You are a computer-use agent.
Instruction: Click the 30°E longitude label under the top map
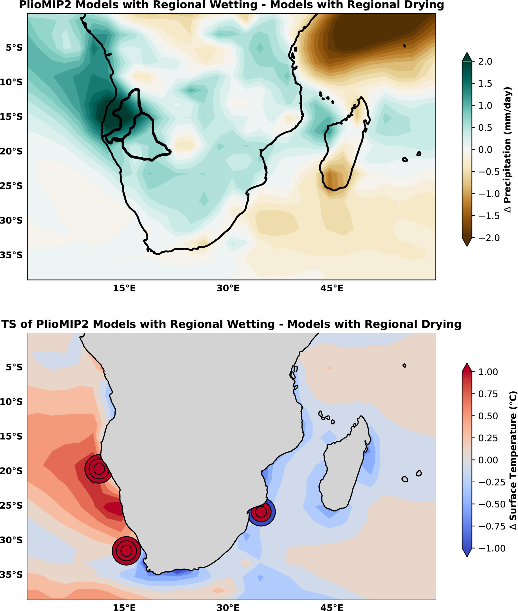click(228, 288)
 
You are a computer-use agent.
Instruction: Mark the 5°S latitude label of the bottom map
click(14, 367)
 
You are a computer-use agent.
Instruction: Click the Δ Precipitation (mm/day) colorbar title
click(508, 149)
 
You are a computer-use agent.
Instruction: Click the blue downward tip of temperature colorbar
click(467, 555)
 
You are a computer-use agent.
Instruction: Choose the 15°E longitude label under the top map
click(124, 288)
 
